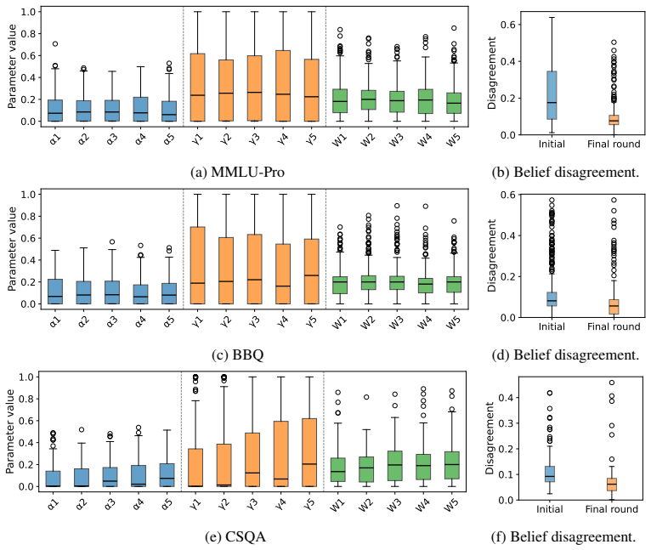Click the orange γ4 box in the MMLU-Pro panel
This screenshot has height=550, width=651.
[x=283, y=86]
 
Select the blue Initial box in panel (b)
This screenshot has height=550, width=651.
[x=552, y=95]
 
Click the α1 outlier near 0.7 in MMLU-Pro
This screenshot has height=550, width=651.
[x=54, y=43]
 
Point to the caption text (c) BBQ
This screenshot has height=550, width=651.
[x=237, y=354]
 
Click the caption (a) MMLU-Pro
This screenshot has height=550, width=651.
[x=237, y=172]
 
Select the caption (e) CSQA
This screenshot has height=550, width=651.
[x=235, y=536]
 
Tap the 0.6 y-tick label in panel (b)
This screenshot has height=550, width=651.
[x=507, y=25]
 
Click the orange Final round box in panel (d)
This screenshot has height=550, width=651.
[x=614, y=307]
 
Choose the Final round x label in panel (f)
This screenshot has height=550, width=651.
[x=612, y=509]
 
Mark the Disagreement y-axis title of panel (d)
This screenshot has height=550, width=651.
[x=491, y=256]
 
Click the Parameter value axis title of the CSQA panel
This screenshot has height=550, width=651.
[x=10, y=431]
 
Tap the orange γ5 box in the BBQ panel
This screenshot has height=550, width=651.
[x=311, y=271]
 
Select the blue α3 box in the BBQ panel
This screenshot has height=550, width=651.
[x=111, y=292]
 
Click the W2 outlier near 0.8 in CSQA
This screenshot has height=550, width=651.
[x=366, y=397]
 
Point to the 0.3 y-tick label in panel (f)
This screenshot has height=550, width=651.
[x=507, y=423]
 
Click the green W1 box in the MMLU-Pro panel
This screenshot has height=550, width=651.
[x=340, y=101]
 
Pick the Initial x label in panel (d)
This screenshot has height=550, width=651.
[x=552, y=326]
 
